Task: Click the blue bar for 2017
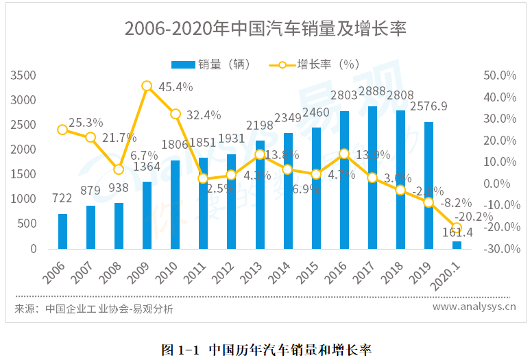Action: (372, 177)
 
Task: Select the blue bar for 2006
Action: (62, 230)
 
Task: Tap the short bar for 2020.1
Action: (457, 245)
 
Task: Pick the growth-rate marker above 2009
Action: (147, 86)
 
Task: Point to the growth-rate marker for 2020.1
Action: (457, 228)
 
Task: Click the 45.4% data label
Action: (176, 87)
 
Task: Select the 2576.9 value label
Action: (428, 106)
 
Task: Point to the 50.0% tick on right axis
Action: (499, 75)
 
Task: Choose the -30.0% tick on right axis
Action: (499, 248)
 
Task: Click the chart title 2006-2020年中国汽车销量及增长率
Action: (265, 29)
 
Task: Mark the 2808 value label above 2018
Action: (400, 95)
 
